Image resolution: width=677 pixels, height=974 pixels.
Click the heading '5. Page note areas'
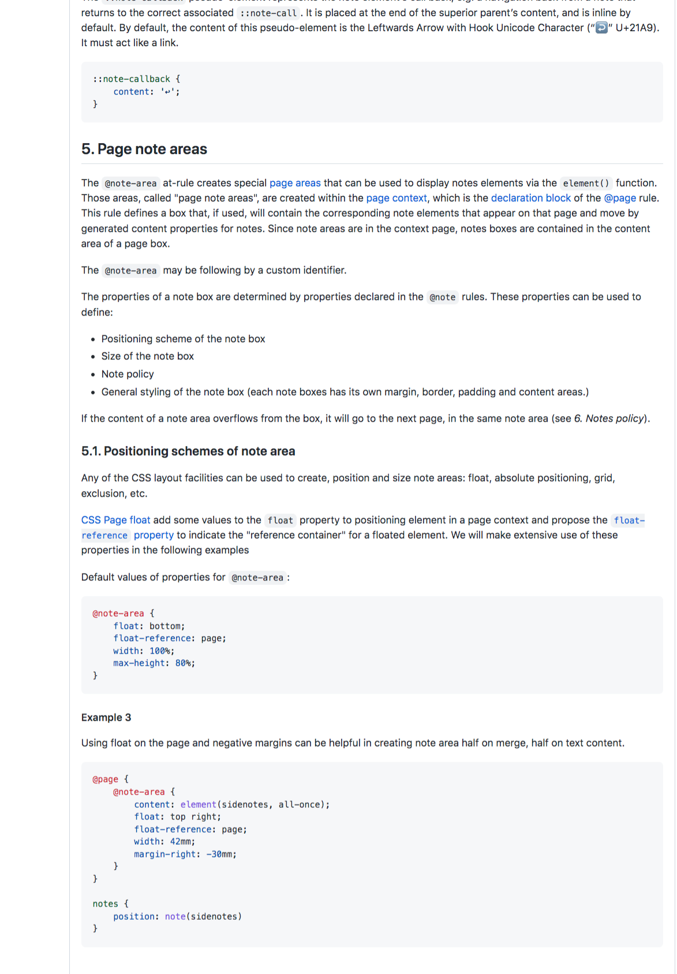[144, 149]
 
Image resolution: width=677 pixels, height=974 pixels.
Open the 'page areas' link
[295, 183]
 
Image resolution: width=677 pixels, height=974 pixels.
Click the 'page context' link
[397, 198]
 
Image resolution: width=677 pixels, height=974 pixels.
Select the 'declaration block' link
[530, 198]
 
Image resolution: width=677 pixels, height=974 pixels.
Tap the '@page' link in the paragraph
[620, 198]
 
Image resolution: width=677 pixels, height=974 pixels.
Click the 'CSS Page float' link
[115, 520]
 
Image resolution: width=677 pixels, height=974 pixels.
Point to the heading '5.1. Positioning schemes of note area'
[188, 451]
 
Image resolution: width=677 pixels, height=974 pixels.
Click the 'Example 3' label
[106, 717]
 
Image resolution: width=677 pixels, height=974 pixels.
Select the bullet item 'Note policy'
[128, 374]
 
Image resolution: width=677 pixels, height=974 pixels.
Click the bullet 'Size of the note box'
[148, 356]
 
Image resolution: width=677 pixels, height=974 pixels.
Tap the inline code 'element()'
[586, 183]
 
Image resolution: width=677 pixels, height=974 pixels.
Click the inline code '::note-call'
[268, 13]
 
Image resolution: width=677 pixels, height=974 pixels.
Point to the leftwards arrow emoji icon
[601, 28]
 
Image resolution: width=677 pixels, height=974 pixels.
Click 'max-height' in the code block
[139, 664]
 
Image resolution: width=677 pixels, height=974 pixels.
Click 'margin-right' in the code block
[164, 855]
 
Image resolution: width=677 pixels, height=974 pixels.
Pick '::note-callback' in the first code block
[132, 79]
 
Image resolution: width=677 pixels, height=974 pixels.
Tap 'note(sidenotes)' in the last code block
[203, 916]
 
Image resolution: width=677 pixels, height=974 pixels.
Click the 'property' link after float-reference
[154, 535]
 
